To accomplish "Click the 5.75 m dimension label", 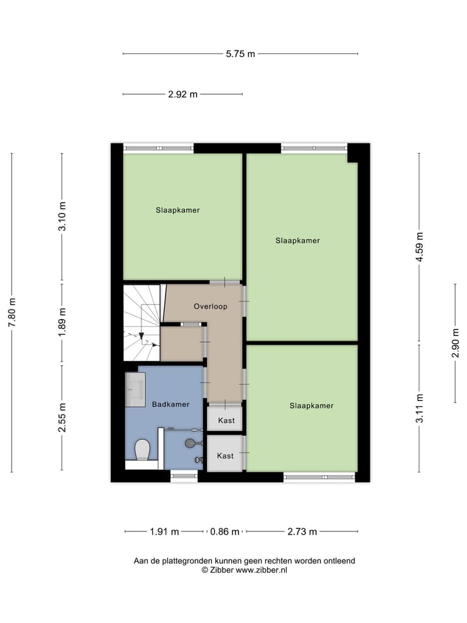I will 240,55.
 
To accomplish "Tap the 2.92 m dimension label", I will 182,94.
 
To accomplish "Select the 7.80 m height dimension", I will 11,313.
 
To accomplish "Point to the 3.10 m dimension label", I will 62,217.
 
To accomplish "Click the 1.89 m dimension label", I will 62,323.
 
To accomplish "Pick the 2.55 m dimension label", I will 62,418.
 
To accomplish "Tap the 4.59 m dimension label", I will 419,247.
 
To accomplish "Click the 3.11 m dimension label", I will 419,408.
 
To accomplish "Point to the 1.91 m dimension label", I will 164,531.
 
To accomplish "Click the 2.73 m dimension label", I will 302,531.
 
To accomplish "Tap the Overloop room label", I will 210,306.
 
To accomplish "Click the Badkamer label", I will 171,404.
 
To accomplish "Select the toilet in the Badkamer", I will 142,449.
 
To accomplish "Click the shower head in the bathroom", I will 190,443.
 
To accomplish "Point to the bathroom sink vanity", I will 136,389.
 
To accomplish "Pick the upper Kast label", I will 226,421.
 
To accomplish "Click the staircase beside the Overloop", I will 141,323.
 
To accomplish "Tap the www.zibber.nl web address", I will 261,570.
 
